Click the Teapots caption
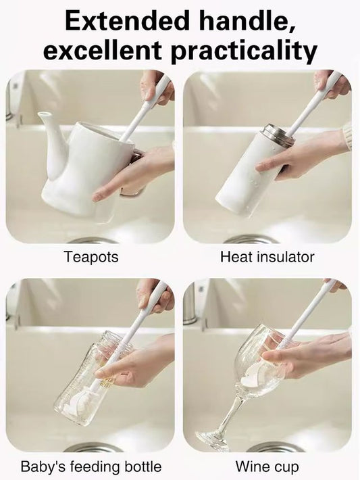tap(91, 257)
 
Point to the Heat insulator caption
tap(267, 257)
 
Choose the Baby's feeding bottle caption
tap(91, 466)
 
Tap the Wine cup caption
tap(267, 466)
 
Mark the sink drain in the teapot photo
tap(93, 240)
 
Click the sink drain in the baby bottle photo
tap(94, 448)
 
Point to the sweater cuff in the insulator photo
tap(346, 135)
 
